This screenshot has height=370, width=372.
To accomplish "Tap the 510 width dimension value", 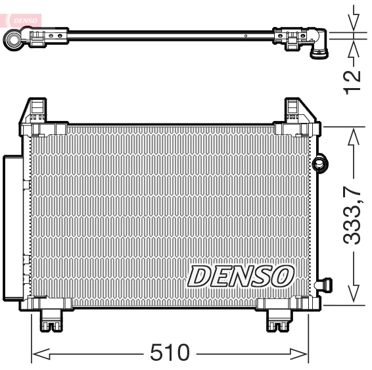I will (x=170, y=354).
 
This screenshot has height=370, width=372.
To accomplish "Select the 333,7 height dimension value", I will (x=354, y=216).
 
